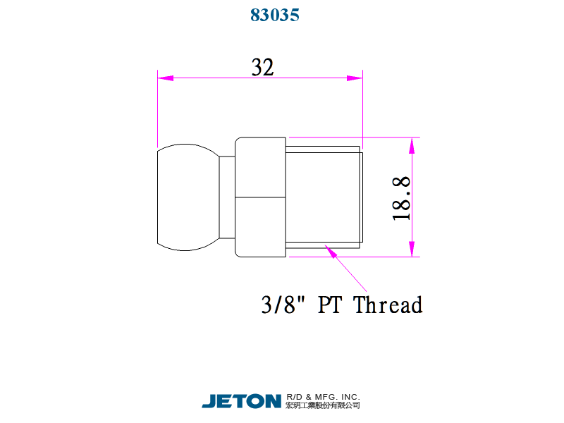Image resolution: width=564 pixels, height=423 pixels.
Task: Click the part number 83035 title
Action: click(x=275, y=15)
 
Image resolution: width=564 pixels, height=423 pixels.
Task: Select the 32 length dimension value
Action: click(x=262, y=67)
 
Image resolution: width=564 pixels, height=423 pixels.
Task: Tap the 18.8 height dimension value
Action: click(x=401, y=198)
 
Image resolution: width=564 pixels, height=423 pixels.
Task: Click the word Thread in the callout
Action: click(x=388, y=305)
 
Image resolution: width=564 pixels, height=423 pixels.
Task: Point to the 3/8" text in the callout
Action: click(x=283, y=305)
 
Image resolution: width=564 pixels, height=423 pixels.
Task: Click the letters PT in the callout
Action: click(x=329, y=305)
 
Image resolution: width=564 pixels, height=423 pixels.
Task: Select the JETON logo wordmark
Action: click(x=241, y=401)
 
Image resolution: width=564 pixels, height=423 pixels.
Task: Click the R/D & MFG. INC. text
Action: click(x=323, y=397)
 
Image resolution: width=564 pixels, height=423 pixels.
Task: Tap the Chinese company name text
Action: click(x=323, y=405)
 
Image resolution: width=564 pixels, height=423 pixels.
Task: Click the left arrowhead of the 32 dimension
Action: click(x=166, y=78)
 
